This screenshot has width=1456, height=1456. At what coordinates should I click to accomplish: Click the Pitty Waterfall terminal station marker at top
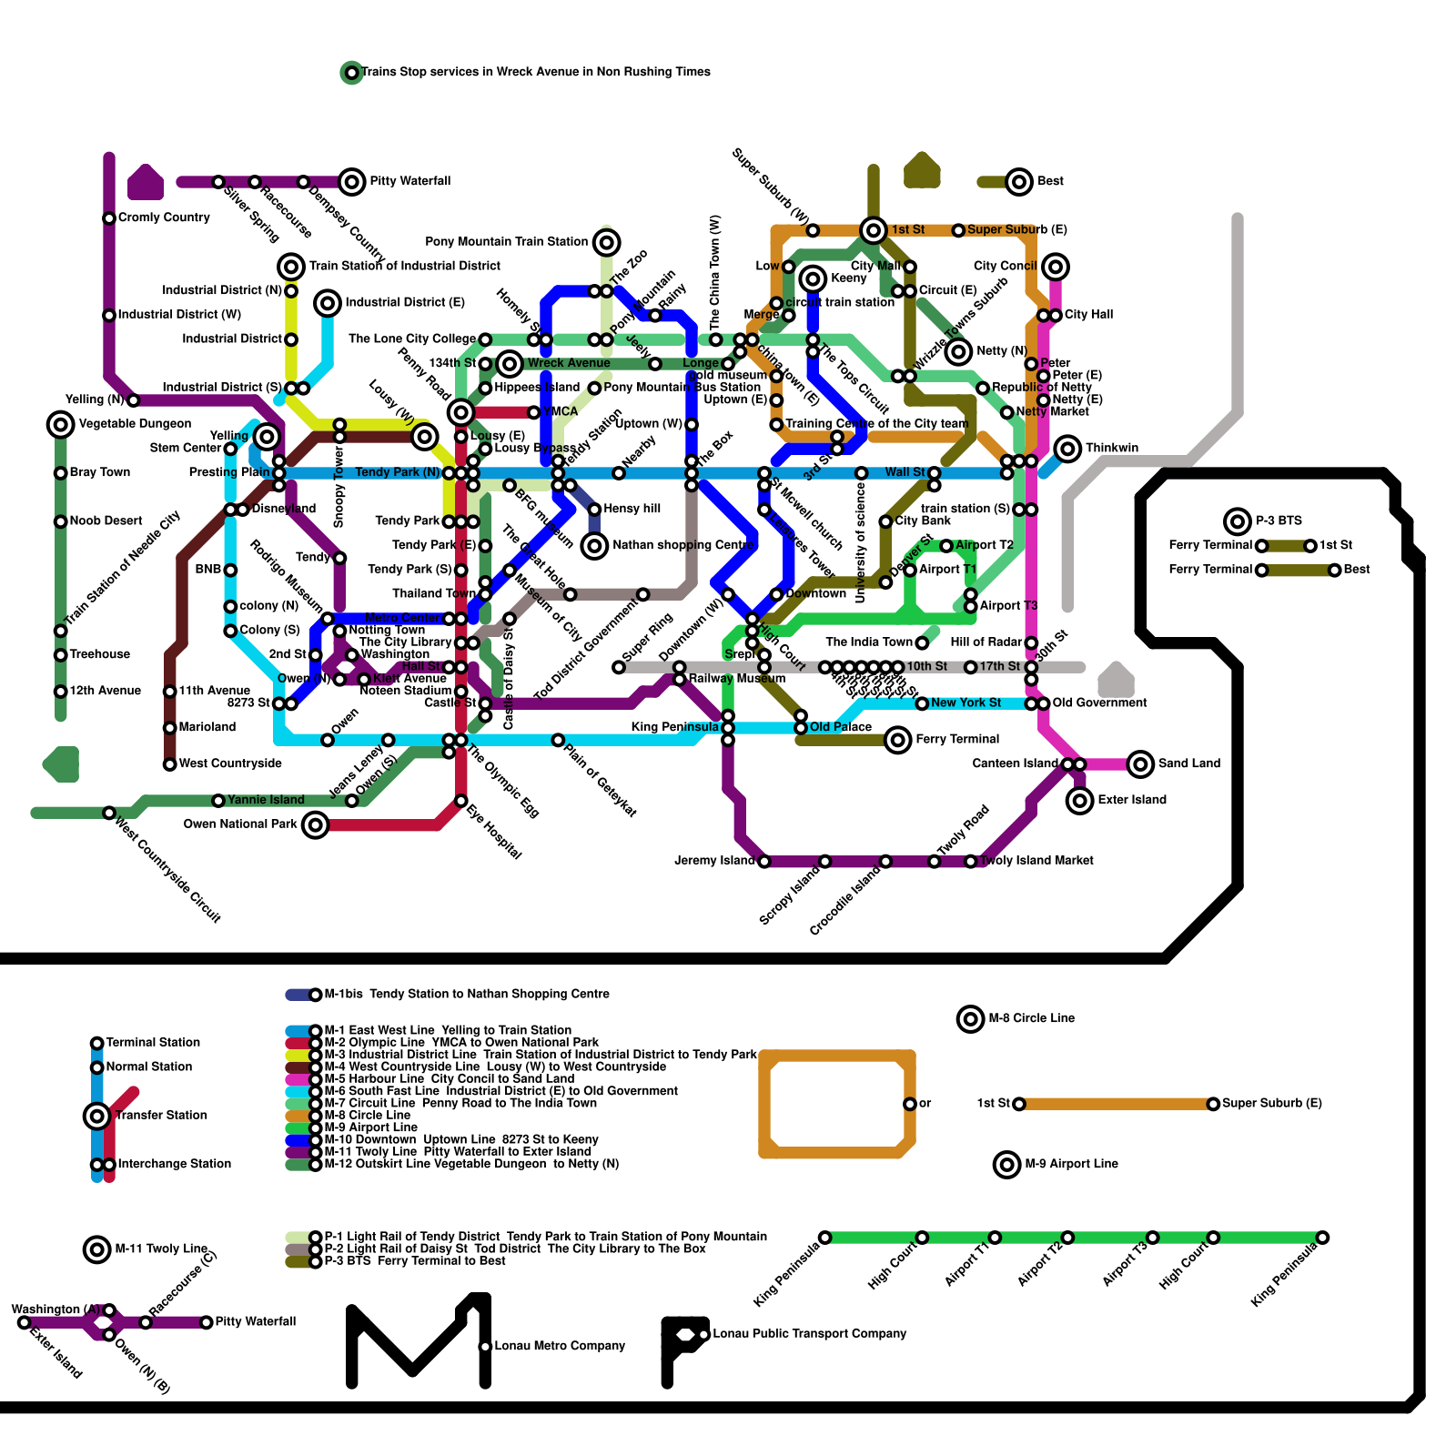(x=352, y=182)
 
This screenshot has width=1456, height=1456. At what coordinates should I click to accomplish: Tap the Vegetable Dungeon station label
(x=135, y=424)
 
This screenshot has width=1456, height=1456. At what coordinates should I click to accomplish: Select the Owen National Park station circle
(x=315, y=825)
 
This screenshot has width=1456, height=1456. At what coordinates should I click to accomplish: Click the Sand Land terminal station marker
(x=1140, y=764)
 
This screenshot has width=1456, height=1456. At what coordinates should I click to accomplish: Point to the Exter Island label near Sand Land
(x=1131, y=800)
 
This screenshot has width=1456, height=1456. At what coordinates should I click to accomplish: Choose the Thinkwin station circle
(x=1067, y=449)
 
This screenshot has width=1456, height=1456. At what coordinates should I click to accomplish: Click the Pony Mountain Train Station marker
(x=606, y=242)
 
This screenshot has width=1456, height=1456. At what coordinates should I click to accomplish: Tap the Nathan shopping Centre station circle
(x=594, y=546)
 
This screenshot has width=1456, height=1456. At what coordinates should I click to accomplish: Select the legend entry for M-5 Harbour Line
(x=449, y=1079)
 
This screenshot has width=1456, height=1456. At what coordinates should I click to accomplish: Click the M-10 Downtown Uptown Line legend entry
(x=460, y=1139)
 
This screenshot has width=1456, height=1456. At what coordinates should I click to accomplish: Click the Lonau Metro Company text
(x=560, y=1346)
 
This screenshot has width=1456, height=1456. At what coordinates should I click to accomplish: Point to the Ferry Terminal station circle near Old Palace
(x=898, y=740)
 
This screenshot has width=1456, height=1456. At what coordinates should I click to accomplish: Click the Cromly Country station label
(x=164, y=217)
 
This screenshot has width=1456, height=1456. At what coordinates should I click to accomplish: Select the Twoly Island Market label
(x=1036, y=860)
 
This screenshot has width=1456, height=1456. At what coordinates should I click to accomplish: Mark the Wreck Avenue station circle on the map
(x=510, y=364)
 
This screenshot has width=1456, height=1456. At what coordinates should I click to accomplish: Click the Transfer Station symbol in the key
(x=97, y=1116)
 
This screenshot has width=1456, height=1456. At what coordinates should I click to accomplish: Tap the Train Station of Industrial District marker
(x=291, y=267)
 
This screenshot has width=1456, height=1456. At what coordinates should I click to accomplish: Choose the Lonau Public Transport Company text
(x=809, y=1334)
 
